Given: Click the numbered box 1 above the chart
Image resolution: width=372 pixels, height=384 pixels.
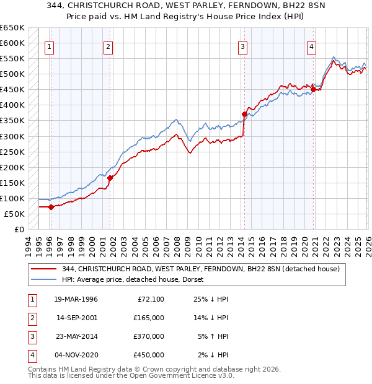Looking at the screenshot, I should tap(49, 46).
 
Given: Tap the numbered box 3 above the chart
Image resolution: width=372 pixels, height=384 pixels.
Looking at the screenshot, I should tap(242, 46).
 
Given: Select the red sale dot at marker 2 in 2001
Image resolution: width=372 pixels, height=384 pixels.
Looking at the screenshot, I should tap(110, 178).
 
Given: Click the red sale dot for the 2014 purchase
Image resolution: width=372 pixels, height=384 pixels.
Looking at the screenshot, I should tap(244, 114).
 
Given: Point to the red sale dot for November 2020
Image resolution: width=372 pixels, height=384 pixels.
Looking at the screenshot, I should tap(313, 89).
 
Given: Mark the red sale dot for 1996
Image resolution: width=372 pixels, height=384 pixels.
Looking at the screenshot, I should tap(51, 207).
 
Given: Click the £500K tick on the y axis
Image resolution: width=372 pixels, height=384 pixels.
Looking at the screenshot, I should tap(12, 74).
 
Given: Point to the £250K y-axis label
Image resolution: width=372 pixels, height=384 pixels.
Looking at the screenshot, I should tap(12, 152).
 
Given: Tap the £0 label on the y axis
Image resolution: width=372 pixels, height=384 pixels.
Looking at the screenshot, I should tap(19, 229).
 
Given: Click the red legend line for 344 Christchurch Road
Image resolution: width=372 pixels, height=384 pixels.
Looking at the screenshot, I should tap(43, 269).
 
